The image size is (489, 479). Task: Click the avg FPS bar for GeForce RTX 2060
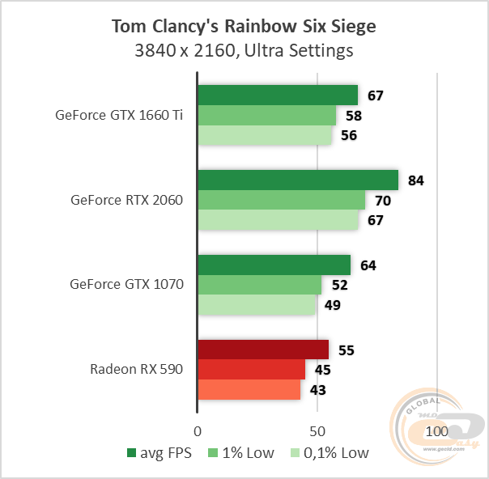298,180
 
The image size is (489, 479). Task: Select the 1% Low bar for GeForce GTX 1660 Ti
266,116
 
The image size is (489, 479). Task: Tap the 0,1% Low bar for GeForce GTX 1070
257,305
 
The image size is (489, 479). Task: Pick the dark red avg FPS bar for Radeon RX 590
263,350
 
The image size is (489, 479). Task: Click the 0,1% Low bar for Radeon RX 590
249,390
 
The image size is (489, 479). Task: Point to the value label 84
416,180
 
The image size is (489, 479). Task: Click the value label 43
319,390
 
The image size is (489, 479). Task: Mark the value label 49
333,305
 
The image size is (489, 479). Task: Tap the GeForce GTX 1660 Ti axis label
119,115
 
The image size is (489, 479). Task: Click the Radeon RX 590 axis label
137,370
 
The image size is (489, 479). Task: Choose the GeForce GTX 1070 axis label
127,285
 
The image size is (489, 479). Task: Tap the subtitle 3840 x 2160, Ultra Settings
244,51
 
